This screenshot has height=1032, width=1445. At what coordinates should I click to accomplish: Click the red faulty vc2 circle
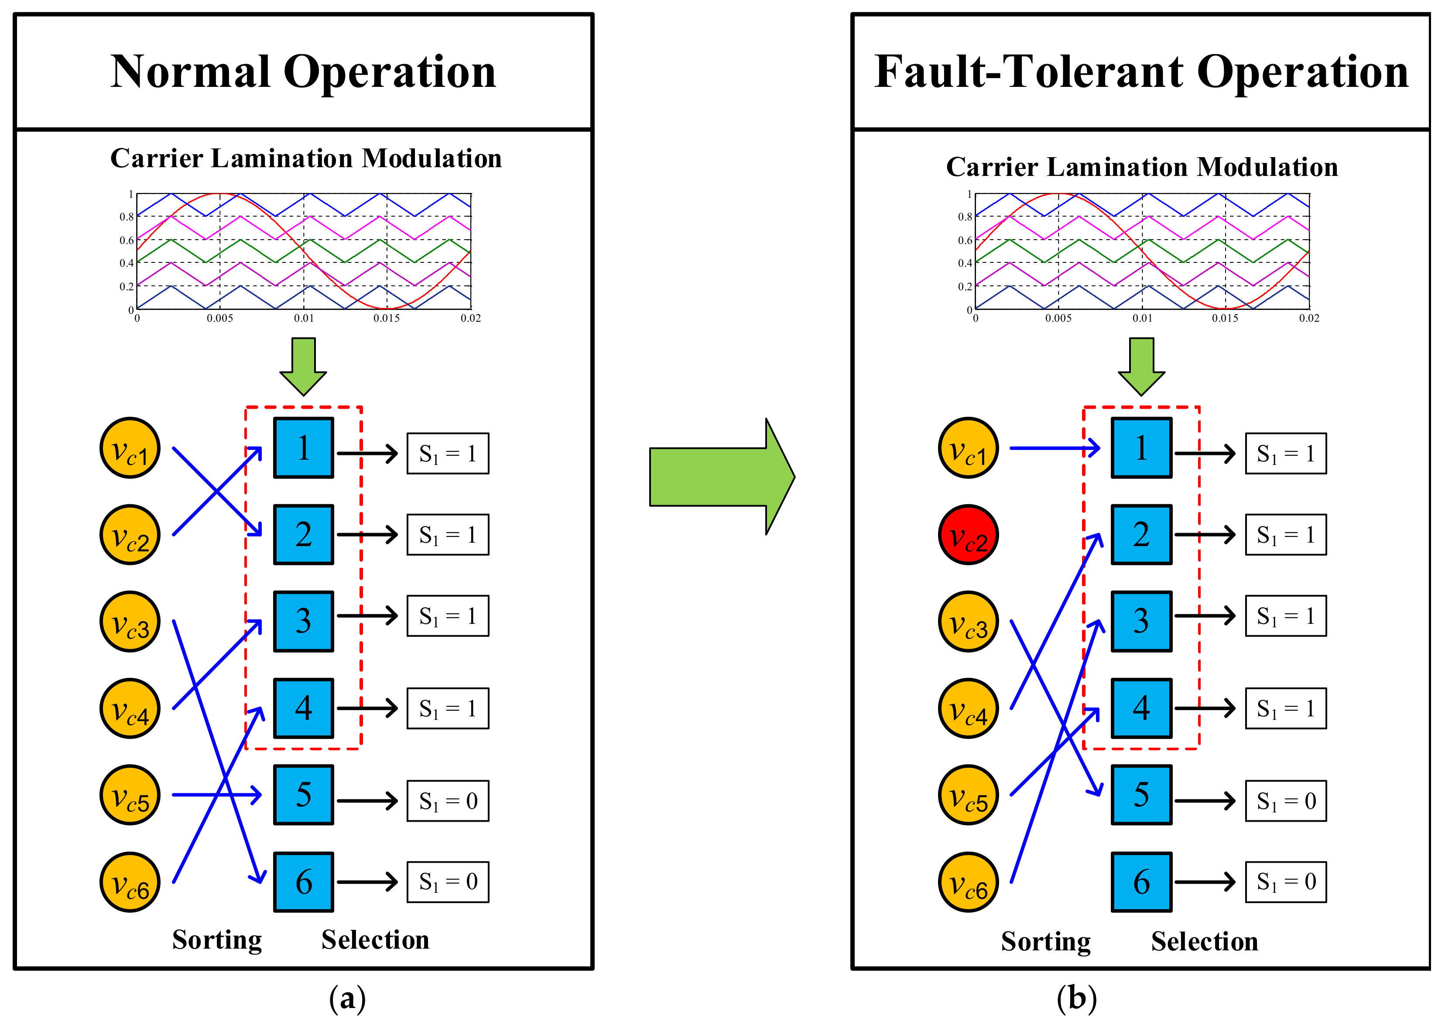(x=968, y=534)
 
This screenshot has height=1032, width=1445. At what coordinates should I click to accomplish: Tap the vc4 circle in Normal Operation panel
(x=130, y=708)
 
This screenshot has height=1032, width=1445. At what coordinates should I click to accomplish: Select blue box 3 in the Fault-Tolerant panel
(x=1141, y=621)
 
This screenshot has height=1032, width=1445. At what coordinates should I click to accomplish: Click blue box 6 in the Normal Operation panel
(x=304, y=881)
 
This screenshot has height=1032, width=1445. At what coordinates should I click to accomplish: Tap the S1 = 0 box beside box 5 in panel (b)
(x=1286, y=801)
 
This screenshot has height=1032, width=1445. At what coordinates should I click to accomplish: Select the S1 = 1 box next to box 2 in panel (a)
(x=448, y=534)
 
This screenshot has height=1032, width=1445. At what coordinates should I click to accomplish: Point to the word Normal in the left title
(x=191, y=72)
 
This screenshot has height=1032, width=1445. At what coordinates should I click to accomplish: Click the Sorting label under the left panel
(x=216, y=940)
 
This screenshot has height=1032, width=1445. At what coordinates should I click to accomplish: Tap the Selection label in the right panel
(x=1204, y=941)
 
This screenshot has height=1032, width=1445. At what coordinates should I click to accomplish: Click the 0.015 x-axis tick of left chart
(x=386, y=318)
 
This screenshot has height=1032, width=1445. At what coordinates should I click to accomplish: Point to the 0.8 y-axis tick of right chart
(x=964, y=217)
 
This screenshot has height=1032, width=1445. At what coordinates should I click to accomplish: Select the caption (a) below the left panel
(x=347, y=998)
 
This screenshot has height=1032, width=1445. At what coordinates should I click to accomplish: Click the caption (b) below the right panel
(x=1077, y=998)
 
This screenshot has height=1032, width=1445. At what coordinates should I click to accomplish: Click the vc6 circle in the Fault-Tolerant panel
(x=968, y=882)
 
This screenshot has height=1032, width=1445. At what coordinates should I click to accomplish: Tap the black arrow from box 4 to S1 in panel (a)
(x=366, y=708)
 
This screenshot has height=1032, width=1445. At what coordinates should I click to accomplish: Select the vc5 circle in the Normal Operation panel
(x=130, y=795)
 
